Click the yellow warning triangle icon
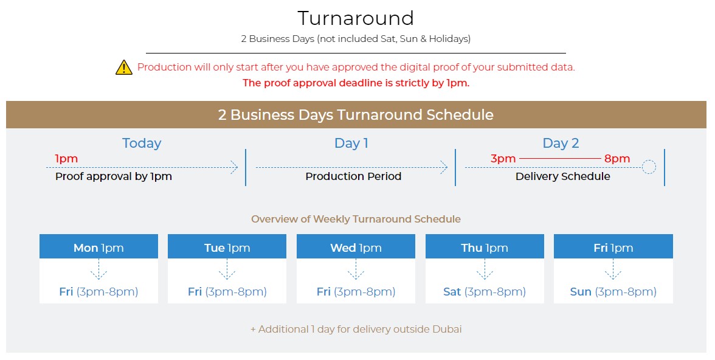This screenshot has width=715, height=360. (124, 67)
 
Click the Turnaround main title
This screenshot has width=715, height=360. (356, 18)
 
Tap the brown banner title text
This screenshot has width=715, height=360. (356, 114)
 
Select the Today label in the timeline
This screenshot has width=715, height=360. (142, 144)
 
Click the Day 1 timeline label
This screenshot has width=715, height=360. (351, 144)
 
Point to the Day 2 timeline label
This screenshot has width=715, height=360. (561, 144)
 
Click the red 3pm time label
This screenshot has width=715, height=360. (503, 159)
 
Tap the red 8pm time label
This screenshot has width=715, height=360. (617, 159)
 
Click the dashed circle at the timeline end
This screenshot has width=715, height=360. (649, 167)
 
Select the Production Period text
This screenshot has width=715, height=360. (353, 176)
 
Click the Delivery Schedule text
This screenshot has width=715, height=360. (563, 176)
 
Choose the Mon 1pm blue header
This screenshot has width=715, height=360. (98, 247)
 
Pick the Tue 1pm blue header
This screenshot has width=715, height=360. (227, 247)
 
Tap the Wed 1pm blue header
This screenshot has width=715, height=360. (356, 247)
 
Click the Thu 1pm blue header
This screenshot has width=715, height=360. (485, 247)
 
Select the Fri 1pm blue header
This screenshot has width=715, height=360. (613, 247)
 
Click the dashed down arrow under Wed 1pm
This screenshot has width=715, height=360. (356, 269)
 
